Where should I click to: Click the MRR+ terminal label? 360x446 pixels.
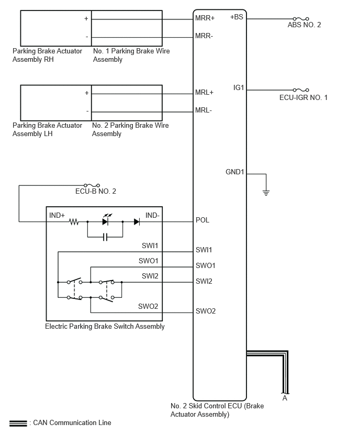(205, 18)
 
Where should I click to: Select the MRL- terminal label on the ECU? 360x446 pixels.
(204, 110)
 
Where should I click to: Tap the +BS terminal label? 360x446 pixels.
(237, 17)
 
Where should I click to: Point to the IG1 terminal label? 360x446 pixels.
(239, 87)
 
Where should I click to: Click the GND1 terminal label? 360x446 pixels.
(234, 172)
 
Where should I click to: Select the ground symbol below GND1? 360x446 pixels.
(266, 193)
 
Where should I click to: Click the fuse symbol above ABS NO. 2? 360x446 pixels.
(301, 19)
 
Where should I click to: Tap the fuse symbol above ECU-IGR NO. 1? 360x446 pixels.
(301, 90)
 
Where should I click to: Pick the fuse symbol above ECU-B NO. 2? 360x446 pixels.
(92, 185)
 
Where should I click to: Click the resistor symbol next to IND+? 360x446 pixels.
(74, 221)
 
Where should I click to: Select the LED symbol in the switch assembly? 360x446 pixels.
(106, 220)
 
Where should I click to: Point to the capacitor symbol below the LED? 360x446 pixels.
(105, 237)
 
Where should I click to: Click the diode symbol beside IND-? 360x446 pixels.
(137, 221)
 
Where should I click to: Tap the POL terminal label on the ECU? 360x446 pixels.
(202, 220)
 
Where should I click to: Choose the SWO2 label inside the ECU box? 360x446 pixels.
(205, 311)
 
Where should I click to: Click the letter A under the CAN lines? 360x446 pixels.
(285, 398)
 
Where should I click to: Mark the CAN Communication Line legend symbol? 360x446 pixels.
(18, 423)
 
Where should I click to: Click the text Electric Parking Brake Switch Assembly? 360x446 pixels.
(105, 326)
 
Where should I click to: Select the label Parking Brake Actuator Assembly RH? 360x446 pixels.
(47, 55)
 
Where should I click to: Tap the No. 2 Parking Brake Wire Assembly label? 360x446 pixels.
(130, 129)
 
